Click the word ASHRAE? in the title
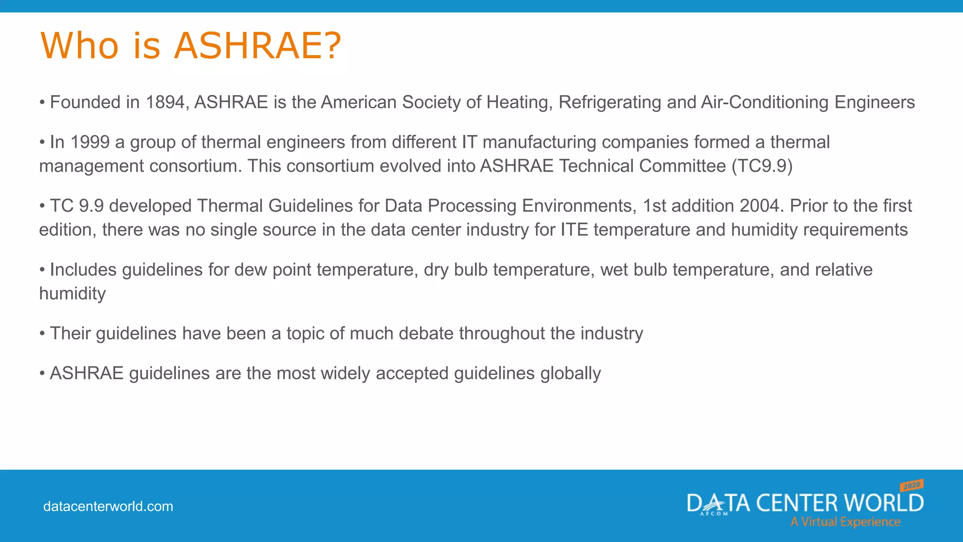(258, 46)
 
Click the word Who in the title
(79, 46)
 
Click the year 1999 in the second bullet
(90, 142)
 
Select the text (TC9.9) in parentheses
(762, 166)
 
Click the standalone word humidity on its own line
(72, 294)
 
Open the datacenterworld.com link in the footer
(108, 507)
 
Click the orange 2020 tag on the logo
(911, 485)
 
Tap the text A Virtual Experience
(845, 522)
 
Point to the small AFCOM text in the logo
(714, 514)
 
